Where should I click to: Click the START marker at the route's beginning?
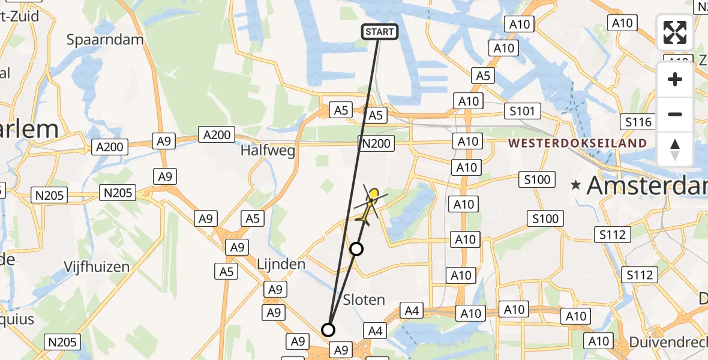(x=380, y=32)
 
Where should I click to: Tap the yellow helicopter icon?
(x=369, y=205)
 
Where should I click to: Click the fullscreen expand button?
(x=675, y=32)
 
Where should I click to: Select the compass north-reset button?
(x=675, y=149)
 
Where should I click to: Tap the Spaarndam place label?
(x=105, y=40)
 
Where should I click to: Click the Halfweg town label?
(x=268, y=151)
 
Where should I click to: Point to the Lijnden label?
(x=281, y=263)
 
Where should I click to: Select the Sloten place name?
(x=364, y=299)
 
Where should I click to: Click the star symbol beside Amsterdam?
(x=577, y=185)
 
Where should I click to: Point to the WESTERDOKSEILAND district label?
(x=577, y=143)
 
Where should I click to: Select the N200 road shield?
(x=376, y=143)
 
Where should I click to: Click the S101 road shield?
(x=523, y=111)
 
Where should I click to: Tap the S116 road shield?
(x=638, y=122)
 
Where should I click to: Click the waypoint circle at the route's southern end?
(x=328, y=329)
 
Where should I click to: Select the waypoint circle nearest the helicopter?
(x=356, y=248)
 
